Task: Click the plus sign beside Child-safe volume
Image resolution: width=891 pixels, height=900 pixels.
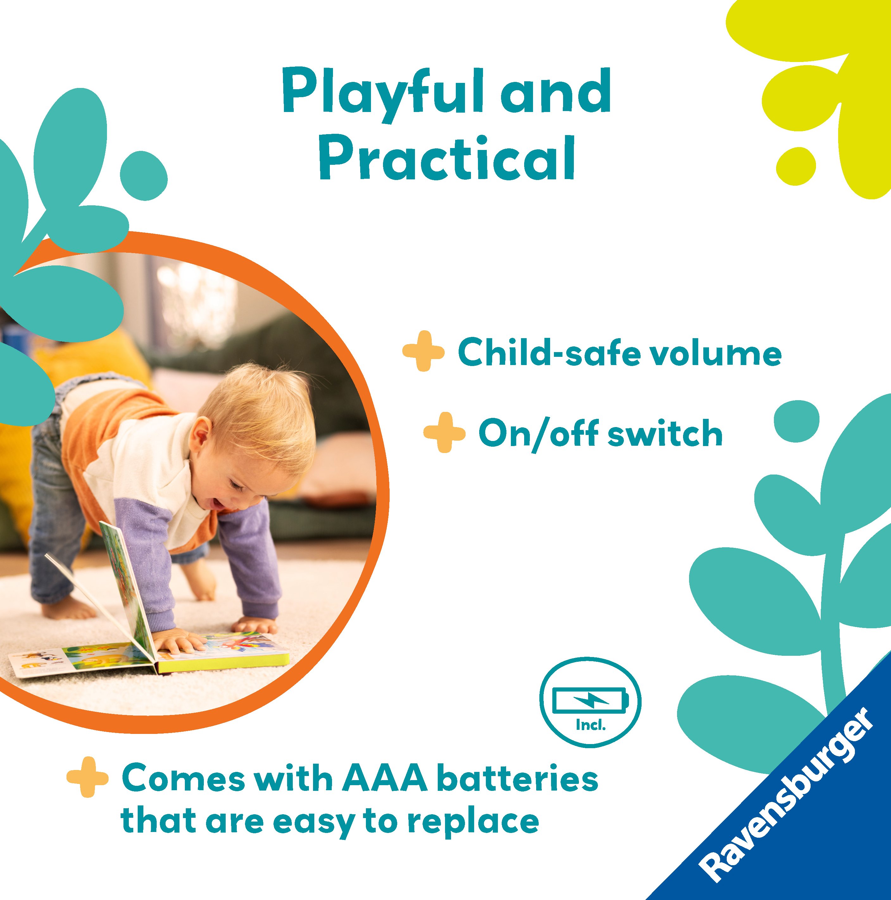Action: click(x=423, y=351)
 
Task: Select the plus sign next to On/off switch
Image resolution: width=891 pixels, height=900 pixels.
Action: click(x=444, y=432)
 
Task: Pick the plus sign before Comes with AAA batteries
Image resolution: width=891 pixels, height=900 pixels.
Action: click(x=88, y=777)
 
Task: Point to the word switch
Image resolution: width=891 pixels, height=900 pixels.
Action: click(x=665, y=433)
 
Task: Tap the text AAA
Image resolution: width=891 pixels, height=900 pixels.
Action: click(x=385, y=778)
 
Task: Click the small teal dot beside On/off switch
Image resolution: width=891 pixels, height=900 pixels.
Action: click(x=796, y=421)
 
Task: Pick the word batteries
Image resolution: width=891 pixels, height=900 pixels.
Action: click(x=518, y=778)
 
